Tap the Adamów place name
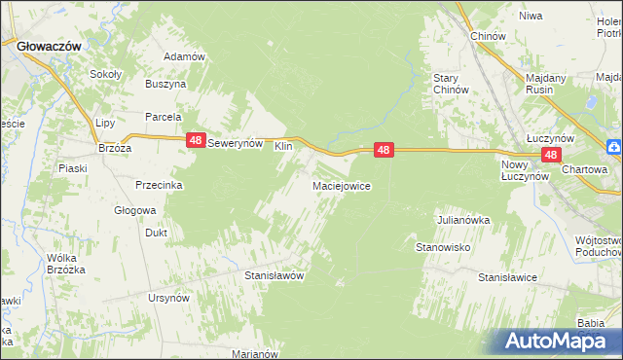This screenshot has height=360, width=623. pyautogui.click(x=184, y=56)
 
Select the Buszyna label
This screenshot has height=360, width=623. pyautogui.click(x=165, y=85)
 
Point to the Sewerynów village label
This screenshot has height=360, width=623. pyautogui.click(x=237, y=142)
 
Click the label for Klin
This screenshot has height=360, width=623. pyautogui.click(x=283, y=145)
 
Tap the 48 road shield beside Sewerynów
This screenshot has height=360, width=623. pyautogui.click(x=196, y=141)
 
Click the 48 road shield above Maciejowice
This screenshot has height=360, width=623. pyautogui.click(x=384, y=150)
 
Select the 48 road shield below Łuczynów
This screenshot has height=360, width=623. pyautogui.click(x=551, y=155)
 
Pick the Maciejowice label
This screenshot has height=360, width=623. pyautogui.click(x=341, y=185)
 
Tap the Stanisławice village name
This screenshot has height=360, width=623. pyautogui.click(x=507, y=277)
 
